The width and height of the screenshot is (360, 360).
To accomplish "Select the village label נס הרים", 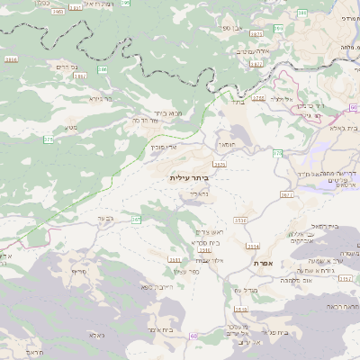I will [61, 67].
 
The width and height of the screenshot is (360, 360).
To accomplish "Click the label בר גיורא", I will [100, 97].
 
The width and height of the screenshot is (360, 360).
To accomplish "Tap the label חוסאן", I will [225, 143].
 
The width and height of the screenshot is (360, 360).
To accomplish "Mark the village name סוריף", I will [78, 271].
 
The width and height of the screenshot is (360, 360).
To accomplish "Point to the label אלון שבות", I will [208, 260].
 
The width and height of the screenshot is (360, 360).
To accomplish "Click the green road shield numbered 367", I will [137, 219].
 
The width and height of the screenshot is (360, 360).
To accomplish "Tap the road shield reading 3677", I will [286, 193].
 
